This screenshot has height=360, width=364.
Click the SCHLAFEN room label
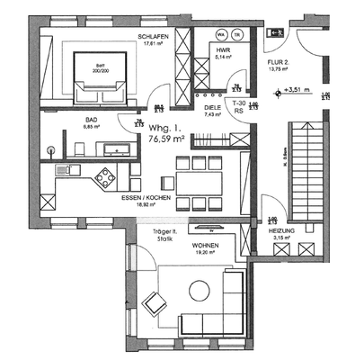[155, 36]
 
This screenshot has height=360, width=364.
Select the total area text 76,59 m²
[165, 139]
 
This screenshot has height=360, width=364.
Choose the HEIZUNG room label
[282, 231]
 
